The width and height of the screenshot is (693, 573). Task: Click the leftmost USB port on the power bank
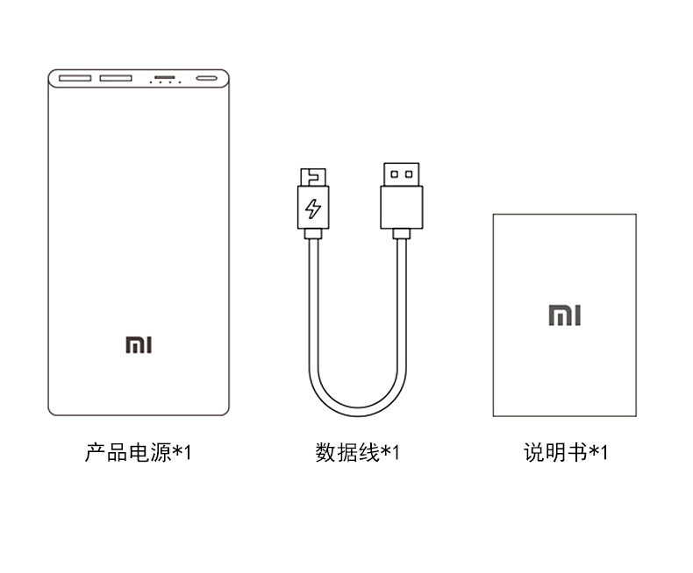click(75, 79)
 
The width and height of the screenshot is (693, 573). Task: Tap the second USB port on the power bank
click(116, 79)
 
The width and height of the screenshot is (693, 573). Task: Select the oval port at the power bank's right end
click(207, 79)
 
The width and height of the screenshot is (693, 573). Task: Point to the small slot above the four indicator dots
click(164, 77)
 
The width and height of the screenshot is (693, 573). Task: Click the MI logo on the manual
click(564, 315)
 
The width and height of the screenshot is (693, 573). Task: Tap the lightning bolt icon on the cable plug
click(313, 209)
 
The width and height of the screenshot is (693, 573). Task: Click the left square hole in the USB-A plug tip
click(394, 174)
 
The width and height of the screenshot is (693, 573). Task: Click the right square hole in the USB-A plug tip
click(409, 174)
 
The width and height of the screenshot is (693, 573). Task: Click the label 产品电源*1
click(138, 453)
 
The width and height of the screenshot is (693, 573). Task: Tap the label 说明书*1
click(565, 453)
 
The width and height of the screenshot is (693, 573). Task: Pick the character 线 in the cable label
click(369, 453)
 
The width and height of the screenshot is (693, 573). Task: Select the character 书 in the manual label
click(577, 453)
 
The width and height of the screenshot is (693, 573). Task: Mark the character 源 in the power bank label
click(161, 453)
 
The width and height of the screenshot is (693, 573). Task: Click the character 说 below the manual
click(534, 453)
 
